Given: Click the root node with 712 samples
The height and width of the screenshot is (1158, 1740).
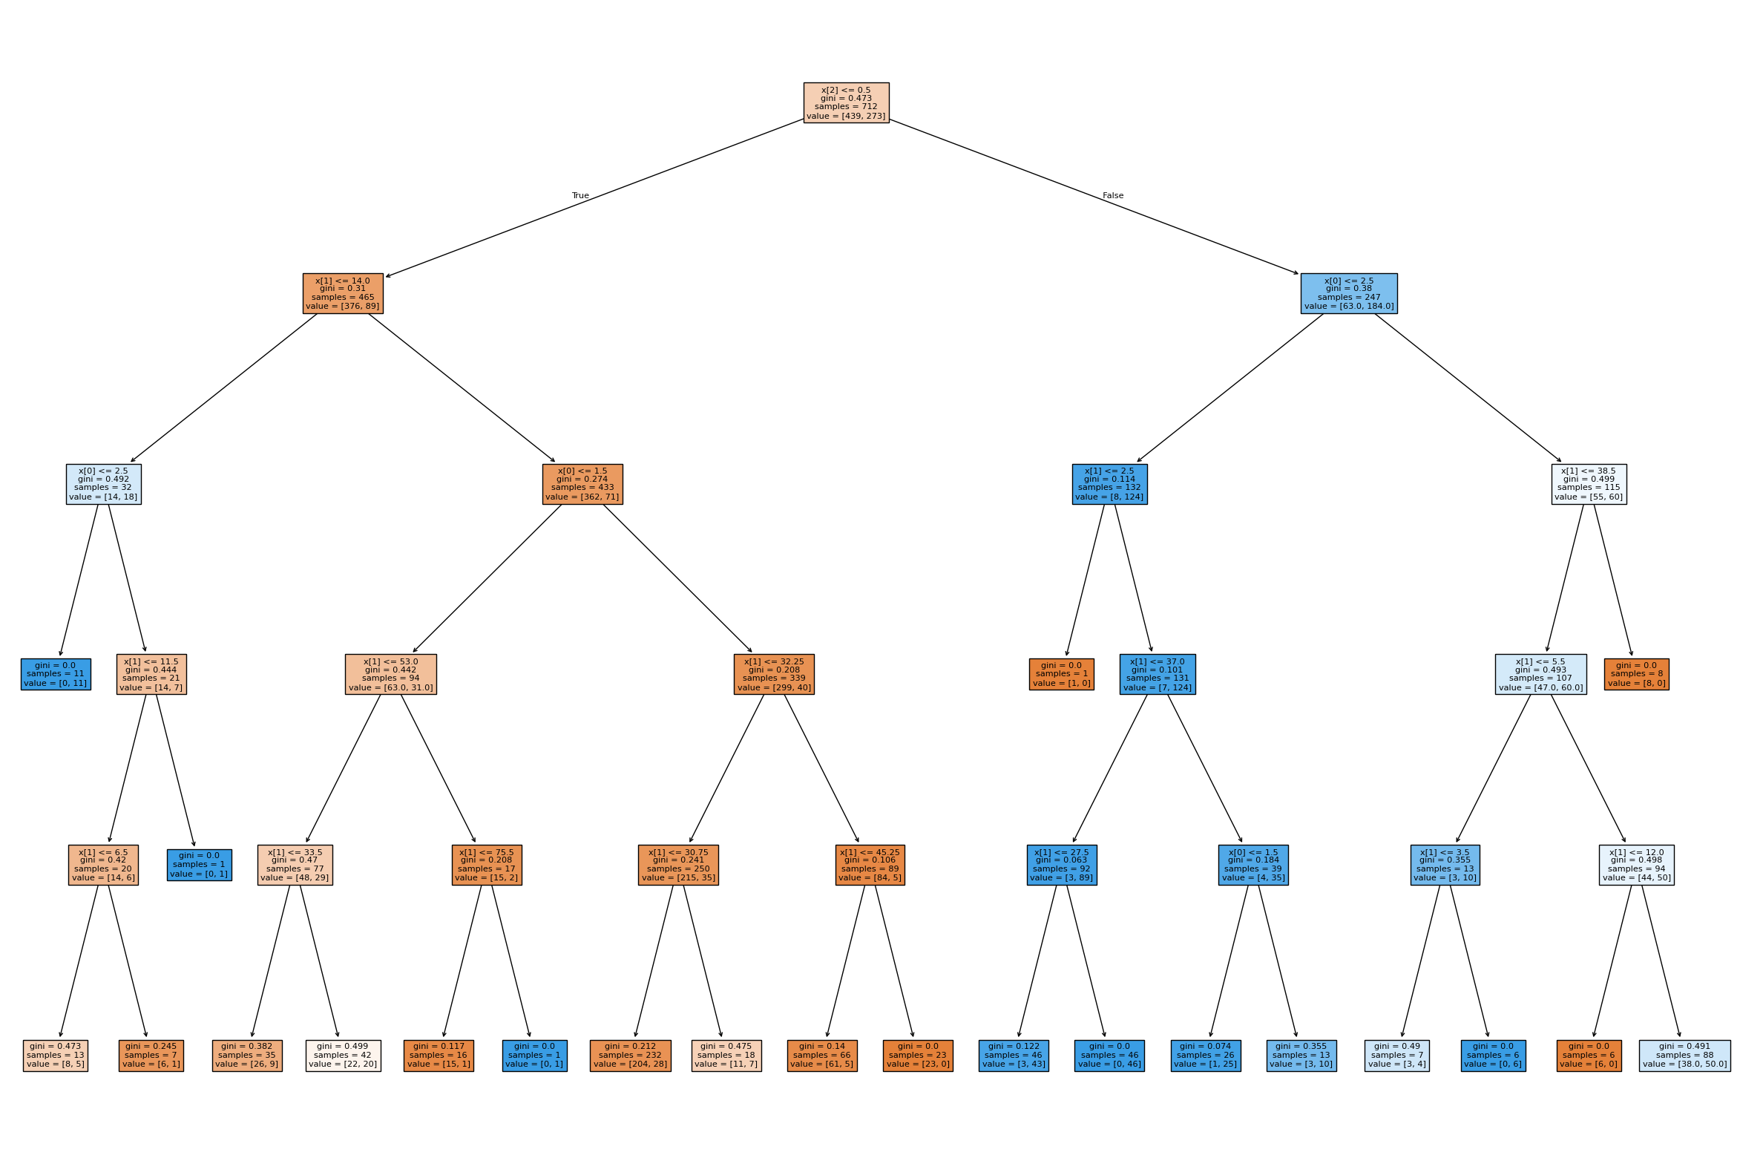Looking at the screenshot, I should [846, 102].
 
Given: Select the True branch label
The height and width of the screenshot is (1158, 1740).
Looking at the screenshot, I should [580, 196].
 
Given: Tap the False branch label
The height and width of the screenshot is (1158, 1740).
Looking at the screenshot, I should [1113, 196].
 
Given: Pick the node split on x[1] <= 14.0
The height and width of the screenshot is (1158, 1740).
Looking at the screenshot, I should [343, 293].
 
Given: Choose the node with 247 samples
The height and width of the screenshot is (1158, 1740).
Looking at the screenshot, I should [1348, 293].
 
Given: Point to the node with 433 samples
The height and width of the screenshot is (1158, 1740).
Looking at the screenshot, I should [582, 484].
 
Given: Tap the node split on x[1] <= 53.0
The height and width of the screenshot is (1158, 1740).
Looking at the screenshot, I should [390, 674].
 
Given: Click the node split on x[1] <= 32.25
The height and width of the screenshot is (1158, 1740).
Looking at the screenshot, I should [774, 674].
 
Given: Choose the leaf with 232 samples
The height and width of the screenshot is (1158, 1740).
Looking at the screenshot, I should [630, 1055].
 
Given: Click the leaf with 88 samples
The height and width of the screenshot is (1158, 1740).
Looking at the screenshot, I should [1684, 1055].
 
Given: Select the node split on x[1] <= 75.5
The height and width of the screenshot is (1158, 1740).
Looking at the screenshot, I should [487, 865].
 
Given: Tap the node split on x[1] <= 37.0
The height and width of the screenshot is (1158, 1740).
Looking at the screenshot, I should [1158, 674].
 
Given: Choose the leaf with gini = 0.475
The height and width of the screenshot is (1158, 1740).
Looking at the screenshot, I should [726, 1055].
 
